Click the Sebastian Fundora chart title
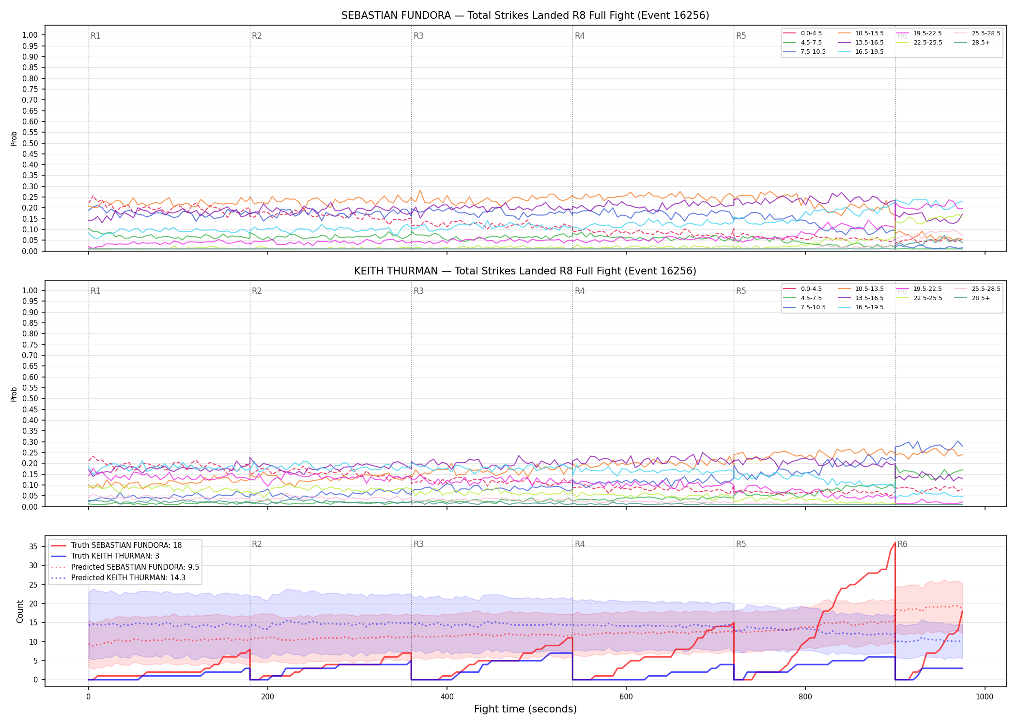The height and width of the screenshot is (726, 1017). (525, 15)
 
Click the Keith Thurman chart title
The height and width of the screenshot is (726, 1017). (525, 271)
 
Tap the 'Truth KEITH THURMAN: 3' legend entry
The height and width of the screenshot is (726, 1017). (115, 556)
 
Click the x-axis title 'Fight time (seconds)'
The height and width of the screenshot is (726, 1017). (525, 709)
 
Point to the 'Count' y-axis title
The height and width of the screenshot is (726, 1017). (20, 611)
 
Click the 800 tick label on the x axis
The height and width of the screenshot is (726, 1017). (805, 697)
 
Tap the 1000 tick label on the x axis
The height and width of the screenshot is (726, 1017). (985, 697)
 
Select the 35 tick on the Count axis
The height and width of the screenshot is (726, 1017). (33, 546)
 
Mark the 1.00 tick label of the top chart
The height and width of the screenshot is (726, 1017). (30, 35)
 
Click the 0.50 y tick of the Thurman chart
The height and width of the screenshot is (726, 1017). (30, 399)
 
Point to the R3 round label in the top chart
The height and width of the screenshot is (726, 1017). (418, 36)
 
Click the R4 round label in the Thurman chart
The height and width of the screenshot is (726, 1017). (580, 291)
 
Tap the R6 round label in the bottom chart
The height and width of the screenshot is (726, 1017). (902, 544)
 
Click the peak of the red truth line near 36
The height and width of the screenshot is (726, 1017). (894, 543)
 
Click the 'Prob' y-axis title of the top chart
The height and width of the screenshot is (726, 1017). (14, 138)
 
